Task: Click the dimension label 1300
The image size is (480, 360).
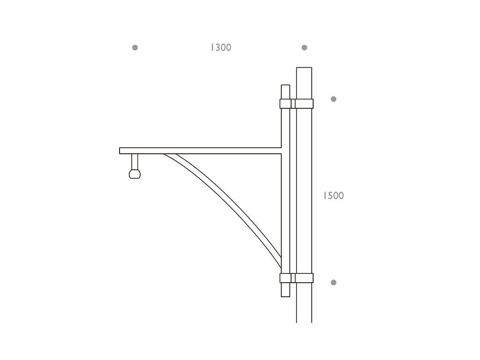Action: (221, 47)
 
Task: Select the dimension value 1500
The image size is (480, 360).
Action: (333, 195)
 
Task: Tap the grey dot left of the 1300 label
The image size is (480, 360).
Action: (135, 47)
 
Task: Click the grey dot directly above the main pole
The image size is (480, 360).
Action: (304, 47)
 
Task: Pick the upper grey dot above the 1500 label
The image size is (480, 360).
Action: (333, 99)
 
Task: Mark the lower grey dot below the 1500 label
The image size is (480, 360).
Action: (333, 282)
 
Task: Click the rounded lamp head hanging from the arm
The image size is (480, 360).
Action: (135, 174)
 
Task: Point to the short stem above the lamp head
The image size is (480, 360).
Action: (135, 161)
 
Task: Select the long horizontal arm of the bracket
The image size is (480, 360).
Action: (202, 150)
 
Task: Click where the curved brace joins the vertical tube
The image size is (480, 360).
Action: (280, 262)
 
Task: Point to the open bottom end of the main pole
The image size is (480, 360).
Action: (304, 321)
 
